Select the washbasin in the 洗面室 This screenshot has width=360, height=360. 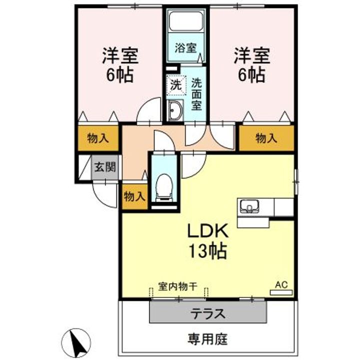tap(175, 110)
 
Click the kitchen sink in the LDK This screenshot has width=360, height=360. tap(249, 206)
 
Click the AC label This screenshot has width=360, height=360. tap(281, 285)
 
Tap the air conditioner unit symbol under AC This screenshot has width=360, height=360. tap(281, 292)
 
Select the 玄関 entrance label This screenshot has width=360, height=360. tap(105, 166)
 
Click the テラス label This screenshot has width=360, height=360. tap(208, 313)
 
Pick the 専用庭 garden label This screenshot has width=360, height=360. tap(207, 339)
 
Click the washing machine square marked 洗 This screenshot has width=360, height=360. tap(176, 85)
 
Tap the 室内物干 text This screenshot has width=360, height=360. tap(177, 286)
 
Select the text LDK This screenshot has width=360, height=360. tap(208, 231)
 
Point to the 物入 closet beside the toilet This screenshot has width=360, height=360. tap(134, 197)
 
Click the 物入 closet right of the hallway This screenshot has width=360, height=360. tap(266, 138)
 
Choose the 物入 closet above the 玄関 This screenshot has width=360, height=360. tap(98, 138)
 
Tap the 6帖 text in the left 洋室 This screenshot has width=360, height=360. tap(120, 75)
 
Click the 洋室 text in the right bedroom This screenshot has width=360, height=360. tap(252, 56)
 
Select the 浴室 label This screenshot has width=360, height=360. tap(185, 48)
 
